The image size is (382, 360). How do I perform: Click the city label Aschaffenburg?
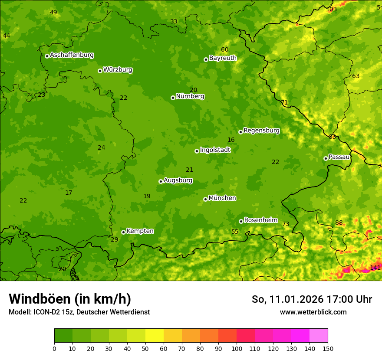(72, 55)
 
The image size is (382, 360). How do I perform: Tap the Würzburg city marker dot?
(100, 71)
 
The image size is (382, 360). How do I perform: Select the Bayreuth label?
(223, 58)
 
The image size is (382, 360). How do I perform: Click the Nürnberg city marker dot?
(173, 98)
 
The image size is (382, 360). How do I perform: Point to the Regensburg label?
(261, 130)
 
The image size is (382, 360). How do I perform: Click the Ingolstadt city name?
(215, 150)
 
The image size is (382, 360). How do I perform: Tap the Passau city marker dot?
(326, 158)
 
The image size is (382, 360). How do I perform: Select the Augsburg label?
(178, 180)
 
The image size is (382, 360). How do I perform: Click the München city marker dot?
(205, 199)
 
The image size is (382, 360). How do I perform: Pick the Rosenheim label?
(260, 220)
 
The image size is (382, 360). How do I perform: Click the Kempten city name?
(140, 231)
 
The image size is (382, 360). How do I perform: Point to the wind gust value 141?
(375, 268)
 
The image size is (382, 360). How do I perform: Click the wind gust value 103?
(331, 9)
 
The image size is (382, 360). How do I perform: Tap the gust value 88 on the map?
(339, 223)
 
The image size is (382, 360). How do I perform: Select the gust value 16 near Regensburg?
(231, 140)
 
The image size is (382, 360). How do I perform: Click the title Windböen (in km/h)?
(70, 299)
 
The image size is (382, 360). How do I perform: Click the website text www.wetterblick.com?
(313, 312)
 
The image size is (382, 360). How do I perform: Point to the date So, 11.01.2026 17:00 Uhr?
(312, 299)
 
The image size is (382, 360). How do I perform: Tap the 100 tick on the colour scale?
(237, 348)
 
